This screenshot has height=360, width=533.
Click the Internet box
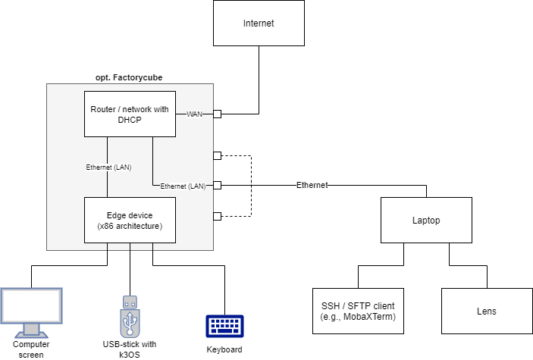pyautogui.click(x=259, y=23)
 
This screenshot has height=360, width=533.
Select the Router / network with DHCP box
pyautogui.click(x=130, y=114)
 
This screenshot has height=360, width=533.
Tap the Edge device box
pyautogui.click(x=130, y=220)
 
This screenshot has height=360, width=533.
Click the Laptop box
pyautogui.click(x=426, y=221)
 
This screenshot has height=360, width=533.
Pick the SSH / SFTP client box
pyautogui.click(x=358, y=311)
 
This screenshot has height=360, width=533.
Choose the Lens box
pyautogui.click(x=487, y=311)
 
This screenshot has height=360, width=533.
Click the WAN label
pyautogui.click(x=194, y=114)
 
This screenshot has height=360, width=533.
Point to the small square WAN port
pyautogui.click(x=217, y=114)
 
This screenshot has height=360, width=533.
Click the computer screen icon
pyautogui.click(x=30, y=312)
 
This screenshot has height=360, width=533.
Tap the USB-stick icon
pyautogui.click(x=130, y=315)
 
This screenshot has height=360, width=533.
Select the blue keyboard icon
pyautogui.click(x=224, y=326)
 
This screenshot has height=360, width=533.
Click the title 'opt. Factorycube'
pyautogui.click(x=129, y=77)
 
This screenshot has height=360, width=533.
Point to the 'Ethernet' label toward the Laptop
pyautogui.click(x=312, y=185)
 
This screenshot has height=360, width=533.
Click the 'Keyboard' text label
pyautogui.click(x=224, y=349)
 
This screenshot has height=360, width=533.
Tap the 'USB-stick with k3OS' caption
pyautogui.click(x=130, y=349)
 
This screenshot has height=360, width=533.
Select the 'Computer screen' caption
pyautogui.click(x=31, y=349)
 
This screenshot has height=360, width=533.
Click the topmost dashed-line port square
pyautogui.click(x=217, y=155)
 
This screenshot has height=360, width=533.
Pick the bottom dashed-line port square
pyautogui.click(x=217, y=216)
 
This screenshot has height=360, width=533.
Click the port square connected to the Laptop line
pyautogui.click(x=217, y=185)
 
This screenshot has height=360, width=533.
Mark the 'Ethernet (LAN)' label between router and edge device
pyautogui.click(x=109, y=167)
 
